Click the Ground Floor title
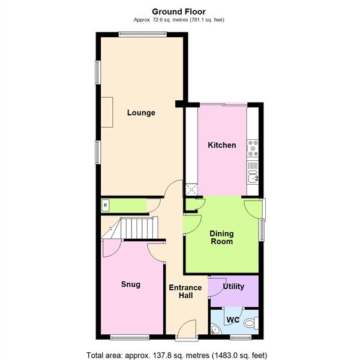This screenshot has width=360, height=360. point(179,11)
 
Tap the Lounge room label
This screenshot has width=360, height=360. point(141,113)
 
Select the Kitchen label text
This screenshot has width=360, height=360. point(221,145)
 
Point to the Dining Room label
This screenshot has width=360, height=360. point(221,238)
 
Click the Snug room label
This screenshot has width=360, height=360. point(130,284)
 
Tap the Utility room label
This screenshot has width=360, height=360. point(233,287)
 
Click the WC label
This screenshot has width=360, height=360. point(233,320)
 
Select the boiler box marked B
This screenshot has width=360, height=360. point(106,206)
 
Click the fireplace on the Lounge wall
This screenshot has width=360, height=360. point(106,112)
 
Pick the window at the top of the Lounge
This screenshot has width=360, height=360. point(141,34)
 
